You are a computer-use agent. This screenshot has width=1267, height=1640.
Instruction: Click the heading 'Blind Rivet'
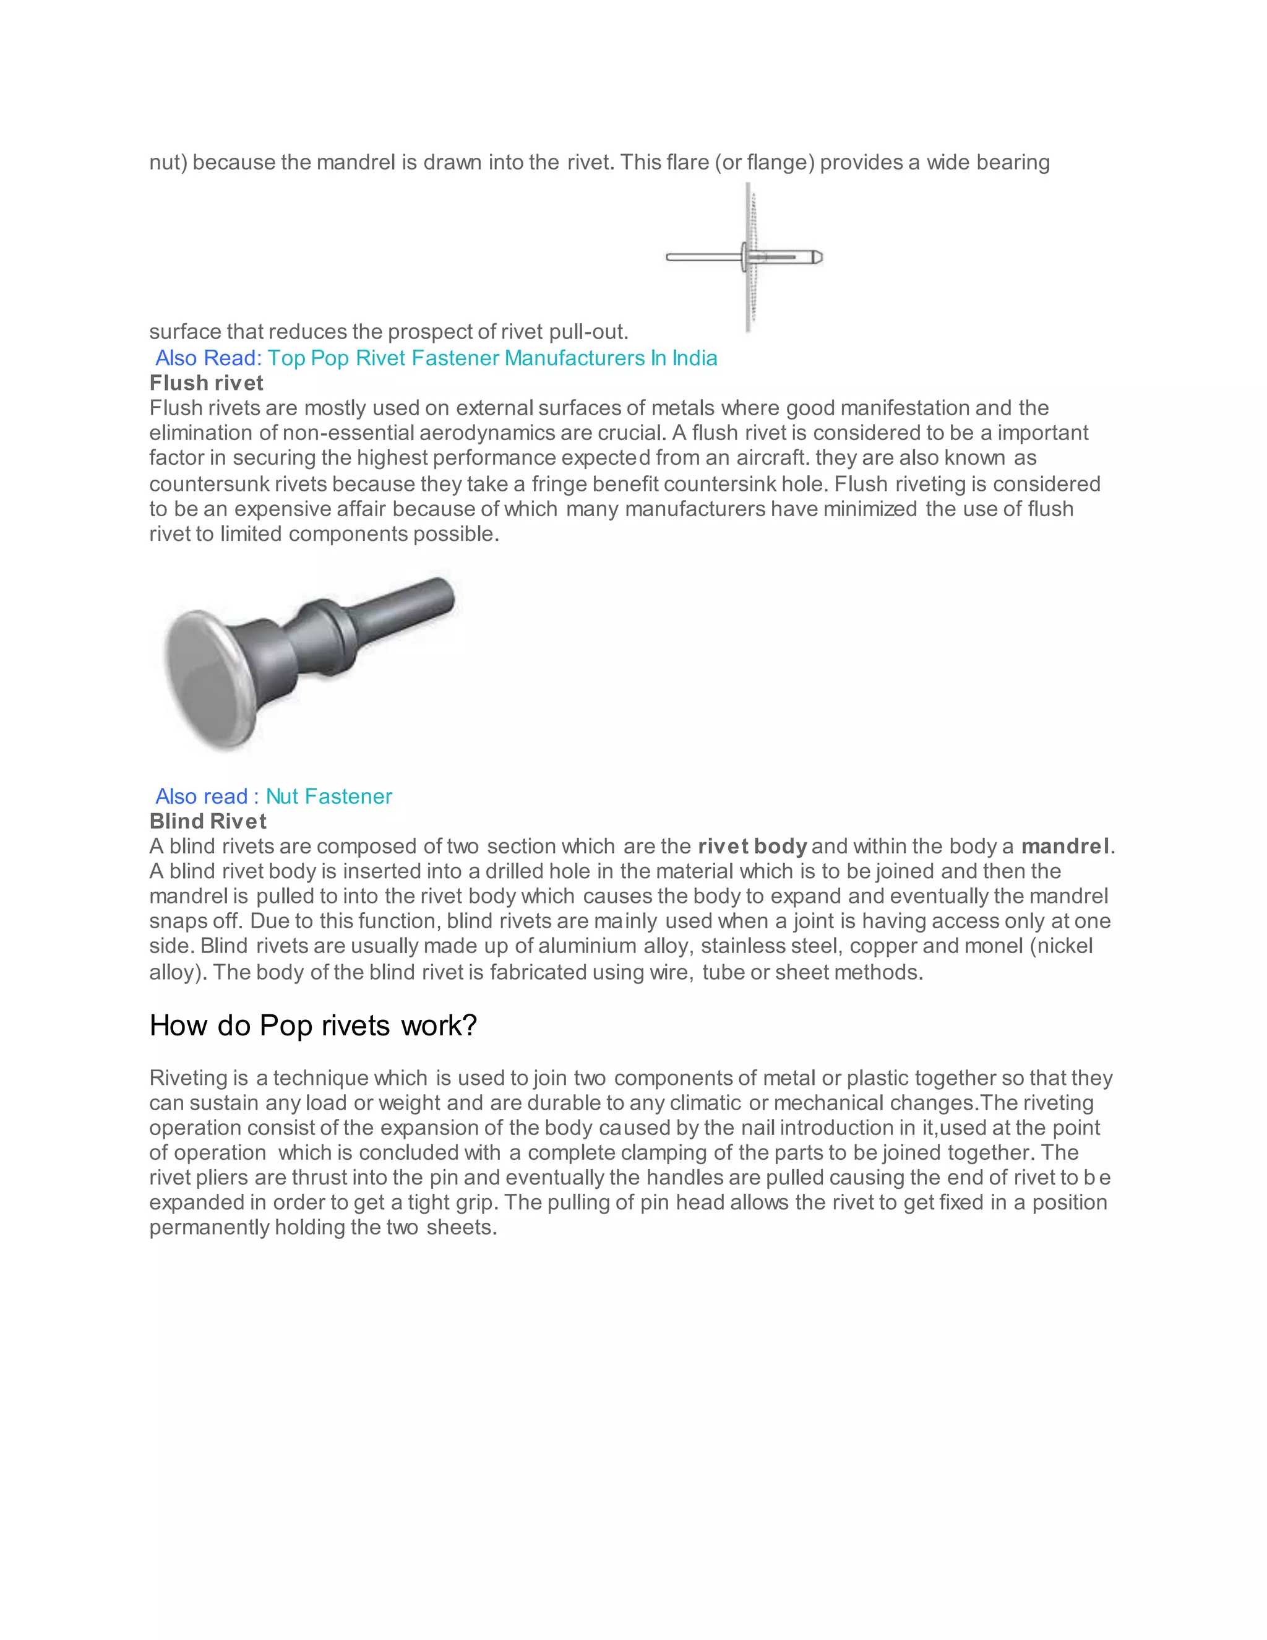pyautogui.click(x=208, y=821)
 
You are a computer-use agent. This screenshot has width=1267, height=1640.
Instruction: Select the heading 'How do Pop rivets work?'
pyautogui.click(x=313, y=1025)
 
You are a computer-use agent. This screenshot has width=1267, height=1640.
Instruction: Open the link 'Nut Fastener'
pyautogui.click(x=329, y=796)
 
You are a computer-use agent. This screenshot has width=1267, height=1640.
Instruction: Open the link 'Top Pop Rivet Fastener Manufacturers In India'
pyautogui.click(x=492, y=358)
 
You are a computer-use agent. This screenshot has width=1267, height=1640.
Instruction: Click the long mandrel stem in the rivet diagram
pyautogui.click(x=702, y=257)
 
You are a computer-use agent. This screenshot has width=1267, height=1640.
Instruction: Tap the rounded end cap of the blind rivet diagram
pyautogui.click(x=817, y=257)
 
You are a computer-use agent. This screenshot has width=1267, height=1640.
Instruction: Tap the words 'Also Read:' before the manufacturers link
pyautogui.click(x=208, y=358)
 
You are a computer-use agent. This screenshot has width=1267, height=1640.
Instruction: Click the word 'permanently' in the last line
pyautogui.click(x=208, y=1228)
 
